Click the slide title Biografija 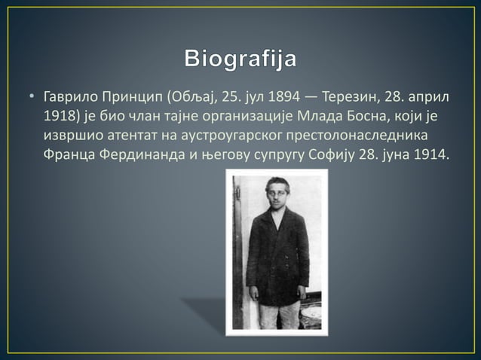(x=240, y=58)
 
